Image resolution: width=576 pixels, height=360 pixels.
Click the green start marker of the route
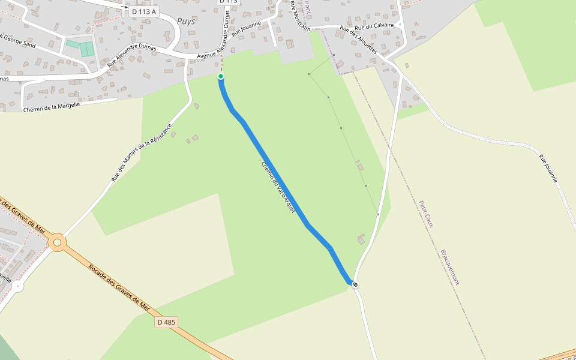pyautogui.click(x=221, y=76)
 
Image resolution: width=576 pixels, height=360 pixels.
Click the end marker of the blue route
pyautogui.click(x=355, y=284)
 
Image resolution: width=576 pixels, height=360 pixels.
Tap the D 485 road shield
pyautogui.click(x=166, y=322)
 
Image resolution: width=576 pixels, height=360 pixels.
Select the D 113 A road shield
pyautogui.click(x=143, y=11)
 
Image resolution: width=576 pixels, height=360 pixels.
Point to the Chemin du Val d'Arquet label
pyautogui.click(x=278, y=188)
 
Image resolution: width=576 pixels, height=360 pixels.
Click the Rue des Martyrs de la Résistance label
pyautogui.click(x=141, y=152)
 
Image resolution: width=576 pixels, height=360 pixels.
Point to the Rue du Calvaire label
pyautogui.click(x=374, y=26)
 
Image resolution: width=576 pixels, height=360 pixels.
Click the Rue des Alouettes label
pyautogui.click(x=358, y=40)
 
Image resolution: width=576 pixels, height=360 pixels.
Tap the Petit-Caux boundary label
pyautogui.click(x=426, y=214)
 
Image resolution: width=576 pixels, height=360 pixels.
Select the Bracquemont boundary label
pyautogui.click(x=450, y=266)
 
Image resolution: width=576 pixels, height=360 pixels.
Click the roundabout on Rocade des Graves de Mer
pyautogui.click(x=57, y=243)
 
